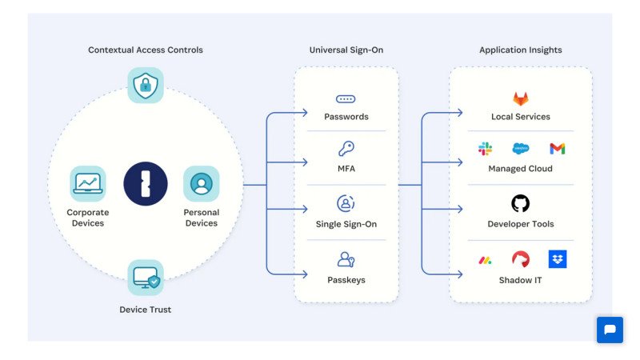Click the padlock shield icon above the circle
[x=146, y=85]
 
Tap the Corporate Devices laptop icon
[x=87, y=184]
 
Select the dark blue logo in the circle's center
[x=145, y=184]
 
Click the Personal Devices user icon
[x=201, y=184]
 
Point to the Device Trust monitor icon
[x=146, y=278]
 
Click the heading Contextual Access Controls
[x=145, y=50]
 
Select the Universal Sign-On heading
[x=346, y=50]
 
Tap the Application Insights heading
[x=520, y=50]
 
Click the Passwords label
[x=346, y=117]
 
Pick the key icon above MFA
[x=346, y=149]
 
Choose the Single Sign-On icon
[x=346, y=203]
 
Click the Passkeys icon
[x=346, y=259]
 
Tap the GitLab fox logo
[x=521, y=99]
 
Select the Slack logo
[x=485, y=149]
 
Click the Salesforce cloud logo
[x=521, y=149]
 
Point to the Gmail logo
[x=558, y=149]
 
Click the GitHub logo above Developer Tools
[x=521, y=203]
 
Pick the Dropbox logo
[x=558, y=259]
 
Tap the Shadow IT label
[x=521, y=280]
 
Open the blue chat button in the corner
[x=610, y=330]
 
